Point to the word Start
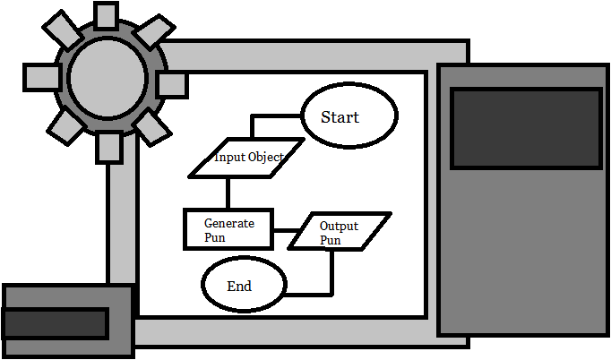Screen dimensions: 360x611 pos(340,117)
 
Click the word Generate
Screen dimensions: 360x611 pos(229,223)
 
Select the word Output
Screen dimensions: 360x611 pos(339,226)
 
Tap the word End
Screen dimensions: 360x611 pos(239,287)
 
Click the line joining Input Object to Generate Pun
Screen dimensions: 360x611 pos(228,193)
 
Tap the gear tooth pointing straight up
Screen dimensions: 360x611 pos(106,15)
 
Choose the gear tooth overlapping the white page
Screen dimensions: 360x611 pos(172,85)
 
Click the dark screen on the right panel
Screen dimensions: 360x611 pos(525,127)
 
